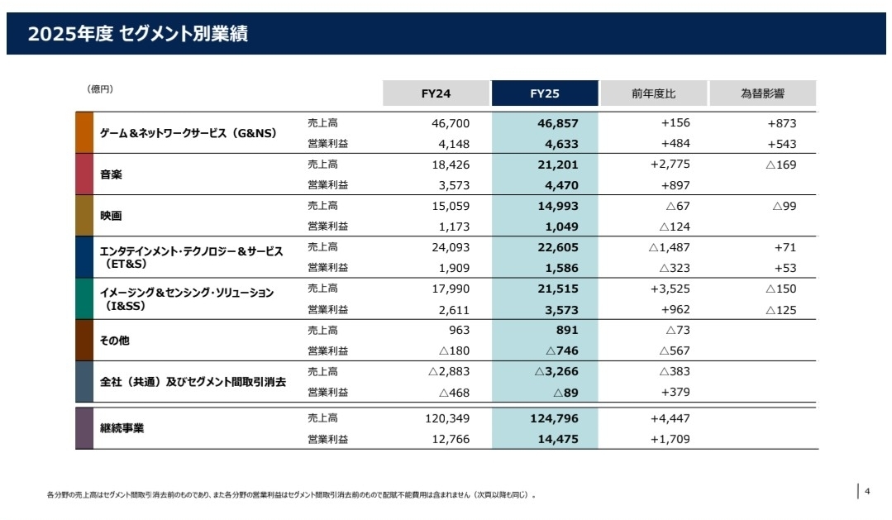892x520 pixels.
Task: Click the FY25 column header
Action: (x=545, y=93)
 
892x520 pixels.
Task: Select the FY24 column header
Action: (x=436, y=93)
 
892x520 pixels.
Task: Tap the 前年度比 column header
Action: (x=654, y=93)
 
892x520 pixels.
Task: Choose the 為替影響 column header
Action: (x=762, y=93)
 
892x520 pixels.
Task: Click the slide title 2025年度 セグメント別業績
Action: (x=138, y=34)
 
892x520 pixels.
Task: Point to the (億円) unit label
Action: (x=100, y=88)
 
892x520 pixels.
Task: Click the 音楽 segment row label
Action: (x=111, y=174)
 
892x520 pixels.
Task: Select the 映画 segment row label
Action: (x=111, y=216)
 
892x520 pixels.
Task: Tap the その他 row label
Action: (x=114, y=341)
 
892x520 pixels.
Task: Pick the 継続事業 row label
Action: (x=122, y=428)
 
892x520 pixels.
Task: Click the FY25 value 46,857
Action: (x=557, y=123)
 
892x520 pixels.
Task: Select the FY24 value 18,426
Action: (x=451, y=165)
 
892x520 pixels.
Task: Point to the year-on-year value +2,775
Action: (x=670, y=164)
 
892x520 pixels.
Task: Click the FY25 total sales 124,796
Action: (x=554, y=418)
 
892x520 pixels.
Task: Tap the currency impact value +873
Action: (x=782, y=123)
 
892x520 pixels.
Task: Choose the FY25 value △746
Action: (x=562, y=351)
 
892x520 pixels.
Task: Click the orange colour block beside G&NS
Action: (x=84, y=132)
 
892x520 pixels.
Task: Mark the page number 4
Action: (x=867, y=491)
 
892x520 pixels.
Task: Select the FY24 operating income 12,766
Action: (x=451, y=439)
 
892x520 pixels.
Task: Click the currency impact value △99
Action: (x=785, y=206)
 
